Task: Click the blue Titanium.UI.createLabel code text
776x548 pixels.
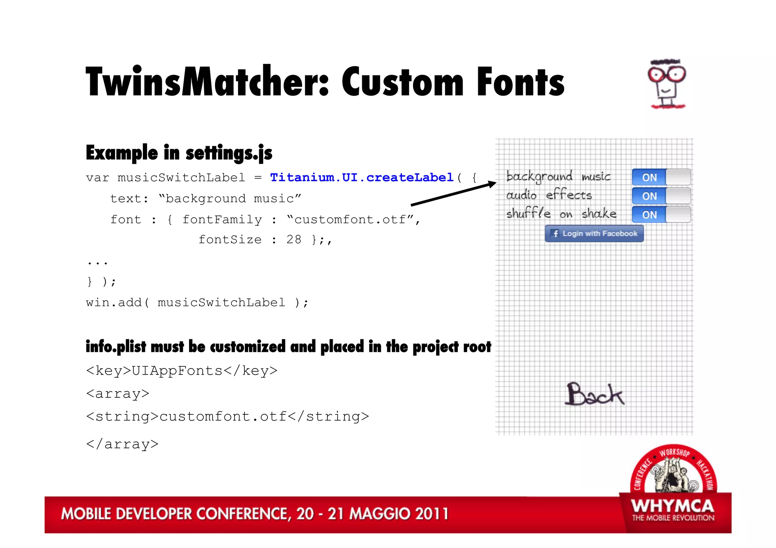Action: click(x=362, y=177)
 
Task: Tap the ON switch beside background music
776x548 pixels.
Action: click(x=661, y=177)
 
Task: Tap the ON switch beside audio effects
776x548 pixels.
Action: click(x=661, y=196)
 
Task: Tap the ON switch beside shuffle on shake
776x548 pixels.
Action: click(x=661, y=215)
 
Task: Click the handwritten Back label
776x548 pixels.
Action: click(x=594, y=394)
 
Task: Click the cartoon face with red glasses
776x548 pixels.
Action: click(x=667, y=84)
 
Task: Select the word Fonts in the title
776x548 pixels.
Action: click(x=520, y=82)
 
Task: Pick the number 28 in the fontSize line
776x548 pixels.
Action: click(x=294, y=239)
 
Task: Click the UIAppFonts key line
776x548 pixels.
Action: click(x=182, y=370)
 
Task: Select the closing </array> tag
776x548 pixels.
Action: click(x=122, y=444)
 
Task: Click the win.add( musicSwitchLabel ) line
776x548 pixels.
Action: click(x=197, y=302)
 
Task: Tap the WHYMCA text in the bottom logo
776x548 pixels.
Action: click(x=673, y=506)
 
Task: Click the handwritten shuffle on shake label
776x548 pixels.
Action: click(x=561, y=214)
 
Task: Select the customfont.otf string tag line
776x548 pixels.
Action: click(x=227, y=416)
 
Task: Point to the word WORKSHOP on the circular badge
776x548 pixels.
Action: click(x=674, y=452)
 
